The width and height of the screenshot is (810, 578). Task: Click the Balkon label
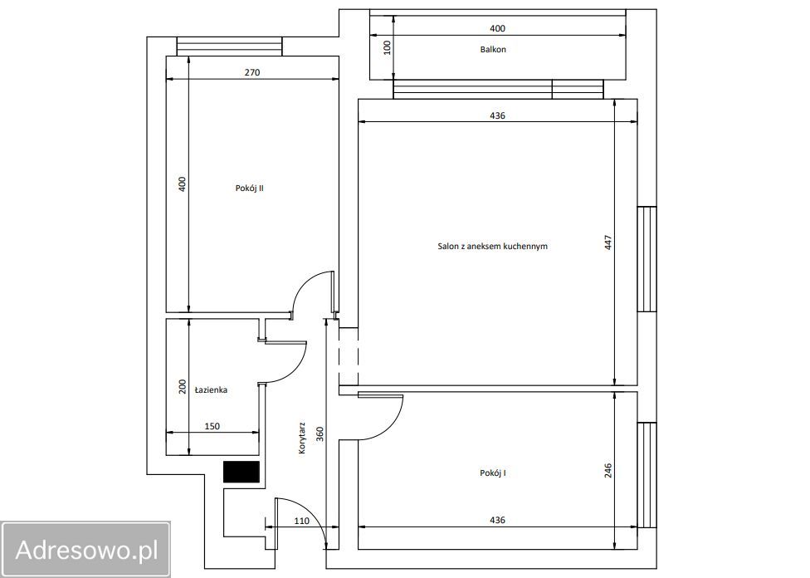493,50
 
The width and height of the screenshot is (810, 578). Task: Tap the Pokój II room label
250,189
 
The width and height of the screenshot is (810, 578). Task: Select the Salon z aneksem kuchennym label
492,246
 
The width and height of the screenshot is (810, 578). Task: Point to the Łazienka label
212,389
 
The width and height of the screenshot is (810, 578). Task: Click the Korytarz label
302,438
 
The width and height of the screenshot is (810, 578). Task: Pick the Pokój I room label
493,473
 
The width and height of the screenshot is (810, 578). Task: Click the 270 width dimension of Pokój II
252,72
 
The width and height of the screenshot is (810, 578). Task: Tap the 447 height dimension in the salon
608,242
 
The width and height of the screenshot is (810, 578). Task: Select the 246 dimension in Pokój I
608,471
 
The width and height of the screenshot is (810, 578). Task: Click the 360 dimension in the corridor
320,433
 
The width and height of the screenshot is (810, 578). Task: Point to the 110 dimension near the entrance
302,521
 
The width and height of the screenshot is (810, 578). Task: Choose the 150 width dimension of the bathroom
212,426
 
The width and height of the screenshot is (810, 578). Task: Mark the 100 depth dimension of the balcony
388,47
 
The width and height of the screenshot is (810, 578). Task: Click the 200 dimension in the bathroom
183,387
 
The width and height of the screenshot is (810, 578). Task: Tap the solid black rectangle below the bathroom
242,472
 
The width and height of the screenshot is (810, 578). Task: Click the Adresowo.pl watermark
86,550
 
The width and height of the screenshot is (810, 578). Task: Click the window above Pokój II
229,46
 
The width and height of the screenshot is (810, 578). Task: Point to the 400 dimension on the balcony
497,28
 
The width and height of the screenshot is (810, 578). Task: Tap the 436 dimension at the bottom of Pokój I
497,520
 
